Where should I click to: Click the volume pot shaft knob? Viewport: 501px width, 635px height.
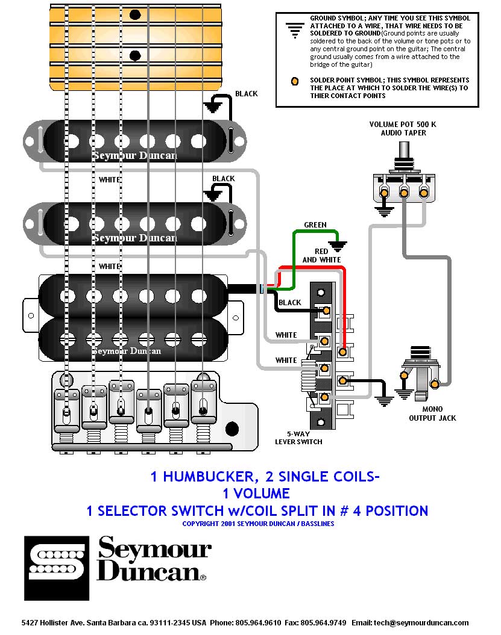403,150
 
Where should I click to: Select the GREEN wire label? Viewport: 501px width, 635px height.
315,225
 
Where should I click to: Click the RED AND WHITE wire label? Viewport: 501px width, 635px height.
321,255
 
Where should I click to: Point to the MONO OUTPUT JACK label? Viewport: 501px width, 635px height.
432,414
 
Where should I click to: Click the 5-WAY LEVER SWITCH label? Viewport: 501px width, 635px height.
298,438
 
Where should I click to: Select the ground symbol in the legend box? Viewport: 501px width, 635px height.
295,28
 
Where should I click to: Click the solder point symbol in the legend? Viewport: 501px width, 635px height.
295,81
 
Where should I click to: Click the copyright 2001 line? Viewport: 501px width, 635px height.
258,524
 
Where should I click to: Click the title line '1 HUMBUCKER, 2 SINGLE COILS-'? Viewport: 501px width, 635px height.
265,477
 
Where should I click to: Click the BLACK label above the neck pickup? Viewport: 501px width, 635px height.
246,94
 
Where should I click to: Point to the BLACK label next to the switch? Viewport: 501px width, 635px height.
290,303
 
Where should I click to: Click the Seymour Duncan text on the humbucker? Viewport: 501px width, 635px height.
127,350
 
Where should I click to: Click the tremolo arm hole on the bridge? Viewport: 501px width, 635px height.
232,430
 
